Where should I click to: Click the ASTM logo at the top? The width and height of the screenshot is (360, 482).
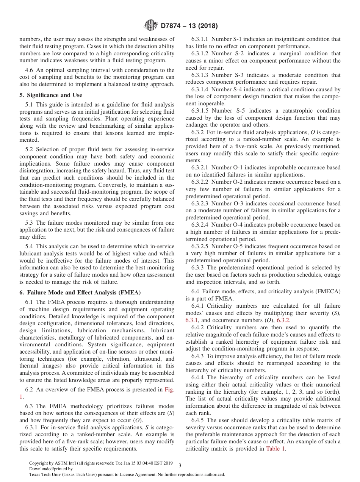[x=151, y=26]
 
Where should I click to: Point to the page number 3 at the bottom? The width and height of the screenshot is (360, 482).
[x=180, y=465]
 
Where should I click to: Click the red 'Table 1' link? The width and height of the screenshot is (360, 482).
[x=276, y=449]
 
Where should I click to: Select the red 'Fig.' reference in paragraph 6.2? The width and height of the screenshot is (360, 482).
[x=169, y=390]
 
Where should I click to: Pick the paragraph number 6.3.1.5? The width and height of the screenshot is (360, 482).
[x=200, y=111]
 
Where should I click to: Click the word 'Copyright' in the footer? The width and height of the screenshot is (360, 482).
[x=39, y=463]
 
